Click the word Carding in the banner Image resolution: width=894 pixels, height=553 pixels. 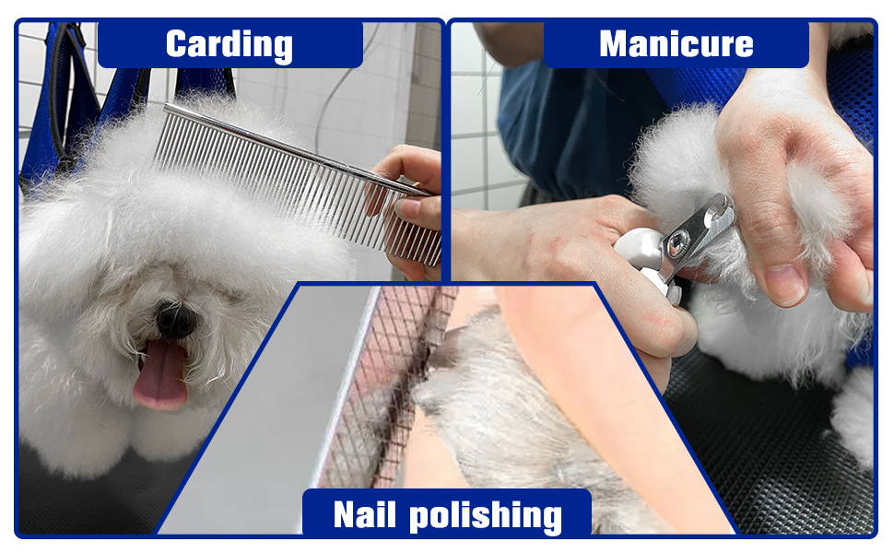229,44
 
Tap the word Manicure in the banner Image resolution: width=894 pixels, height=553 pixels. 676,43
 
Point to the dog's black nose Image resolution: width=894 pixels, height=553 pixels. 175,318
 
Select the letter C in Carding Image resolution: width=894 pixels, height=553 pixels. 180,44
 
